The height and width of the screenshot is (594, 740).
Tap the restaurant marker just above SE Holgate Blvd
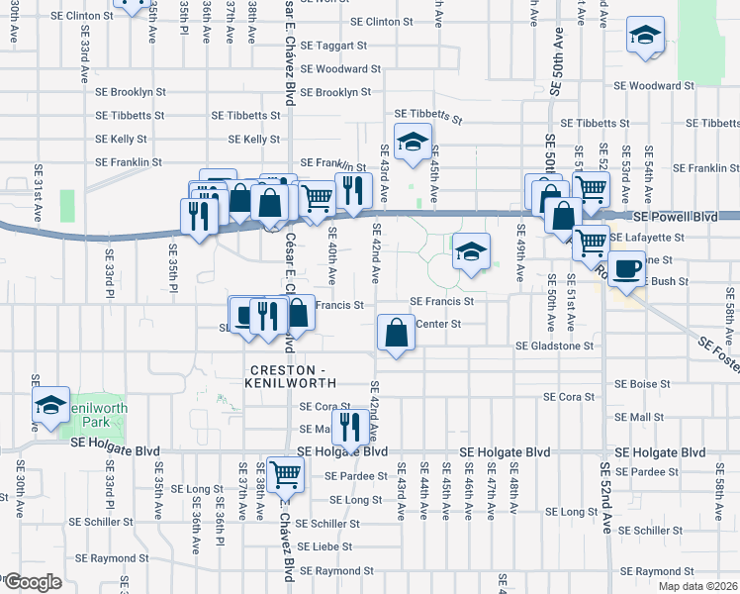[x=348, y=427]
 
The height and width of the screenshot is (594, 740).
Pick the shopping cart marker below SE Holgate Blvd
[x=285, y=474]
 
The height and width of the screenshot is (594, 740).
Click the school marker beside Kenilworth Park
[x=50, y=404]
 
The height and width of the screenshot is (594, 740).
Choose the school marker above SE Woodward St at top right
[x=644, y=38]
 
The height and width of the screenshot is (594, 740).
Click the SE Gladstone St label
[x=554, y=346]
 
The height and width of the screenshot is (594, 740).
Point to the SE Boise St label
[x=642, y=383]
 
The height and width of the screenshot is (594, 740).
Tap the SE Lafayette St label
[x=647, y=238]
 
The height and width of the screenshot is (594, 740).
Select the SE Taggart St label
[x=333, y=46]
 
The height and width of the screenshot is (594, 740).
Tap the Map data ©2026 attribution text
[x=698, y=586]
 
